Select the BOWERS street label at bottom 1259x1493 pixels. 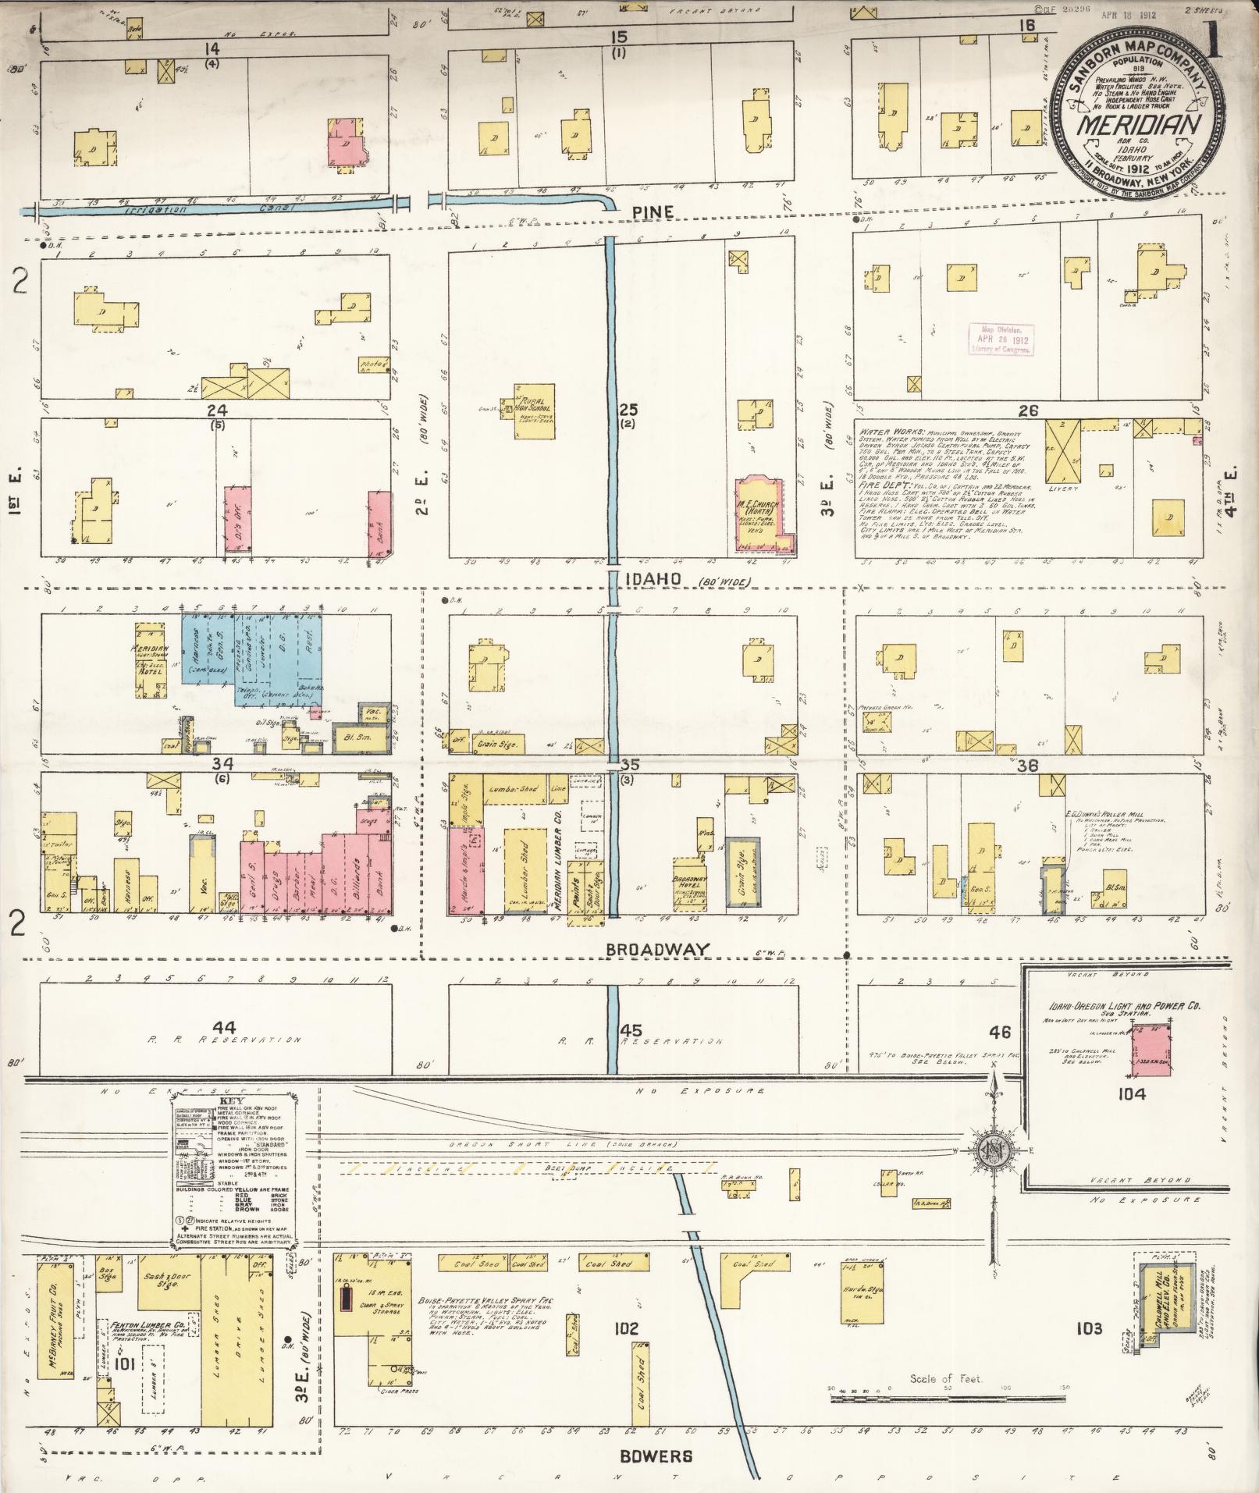tap(656, 1456)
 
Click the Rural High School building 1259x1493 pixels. tap(533, 410)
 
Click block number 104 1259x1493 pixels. tap(1130, 1094)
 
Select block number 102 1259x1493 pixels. tap(626, 1328)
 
